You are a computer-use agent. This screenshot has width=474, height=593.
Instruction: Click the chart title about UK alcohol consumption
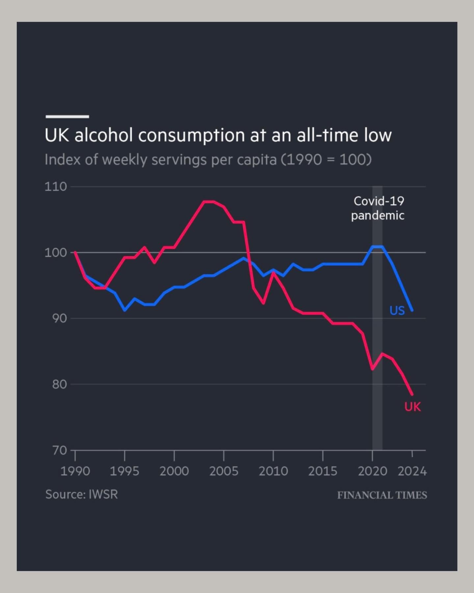(x=218, y=135)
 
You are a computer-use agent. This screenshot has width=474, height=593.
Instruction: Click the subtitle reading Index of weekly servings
(x=208, y=160)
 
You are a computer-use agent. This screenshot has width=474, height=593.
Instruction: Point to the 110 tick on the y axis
(x=56, y=187)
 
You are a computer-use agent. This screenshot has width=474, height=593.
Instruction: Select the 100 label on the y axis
(x=56, y=253)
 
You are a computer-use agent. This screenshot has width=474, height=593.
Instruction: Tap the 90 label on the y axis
(x=59, y=318)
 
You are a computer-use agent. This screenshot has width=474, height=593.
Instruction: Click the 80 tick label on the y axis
(x=59, y=384)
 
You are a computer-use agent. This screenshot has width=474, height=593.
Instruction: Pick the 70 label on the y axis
(x=59, y=450)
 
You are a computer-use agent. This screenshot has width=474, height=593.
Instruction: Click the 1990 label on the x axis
(x=75, y=471)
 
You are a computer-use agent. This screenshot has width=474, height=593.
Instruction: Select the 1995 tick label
(x=124, y=471)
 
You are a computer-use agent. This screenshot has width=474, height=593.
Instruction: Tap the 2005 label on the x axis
(x=224, y=471)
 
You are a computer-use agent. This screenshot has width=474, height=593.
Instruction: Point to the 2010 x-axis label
(x=273, y=471)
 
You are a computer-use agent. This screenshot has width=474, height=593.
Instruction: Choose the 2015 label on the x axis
(x=323, y=471)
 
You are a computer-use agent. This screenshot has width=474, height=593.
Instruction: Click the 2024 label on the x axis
(x=412, y=471)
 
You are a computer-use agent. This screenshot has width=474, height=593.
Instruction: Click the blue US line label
(x=397, y=310)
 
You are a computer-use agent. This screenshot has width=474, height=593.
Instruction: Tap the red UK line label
(x=412, y=407)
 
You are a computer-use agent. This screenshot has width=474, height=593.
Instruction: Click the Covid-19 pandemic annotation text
(x=378, y=208)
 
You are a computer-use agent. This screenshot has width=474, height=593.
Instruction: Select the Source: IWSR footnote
(x=81, y=495)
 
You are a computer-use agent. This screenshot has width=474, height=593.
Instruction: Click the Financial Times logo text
(x=382, y=495)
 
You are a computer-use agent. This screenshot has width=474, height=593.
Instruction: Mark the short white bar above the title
(x=67, y=117)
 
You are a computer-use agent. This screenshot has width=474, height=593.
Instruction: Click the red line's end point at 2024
(x=412, y=394)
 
